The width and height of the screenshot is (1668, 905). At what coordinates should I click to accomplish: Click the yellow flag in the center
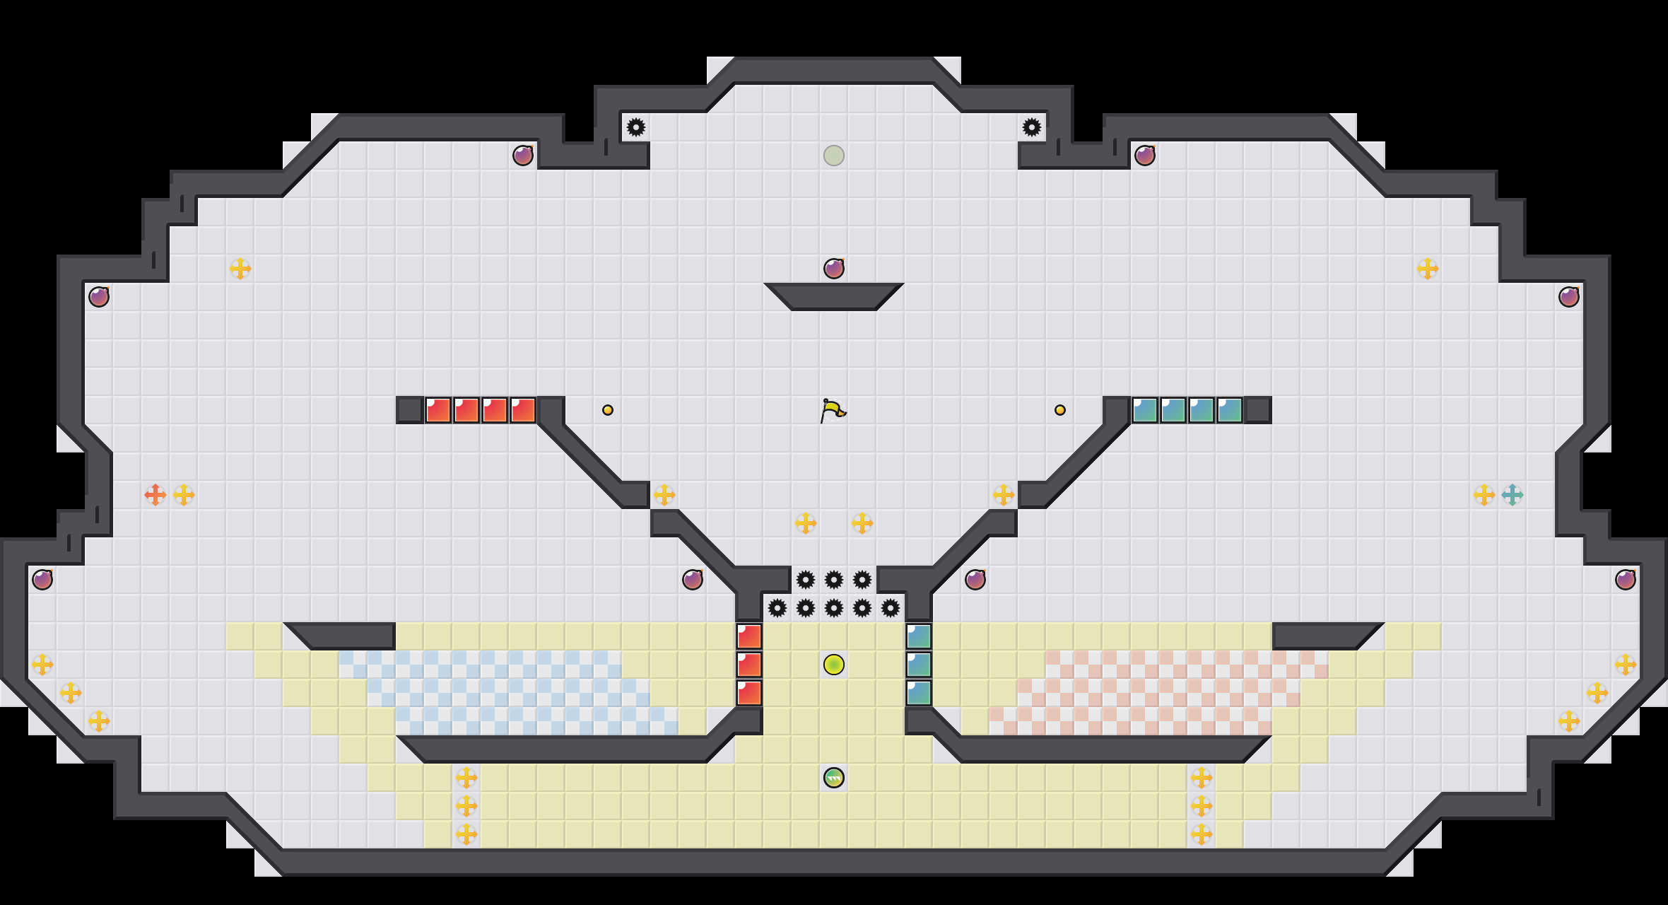(x=833, y=410)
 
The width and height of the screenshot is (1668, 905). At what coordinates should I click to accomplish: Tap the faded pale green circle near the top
(x=834, y=156)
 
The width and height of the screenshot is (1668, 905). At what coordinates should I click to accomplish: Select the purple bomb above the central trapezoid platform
(x=834, y=269)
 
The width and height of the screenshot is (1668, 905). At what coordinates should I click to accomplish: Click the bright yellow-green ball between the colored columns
(x=834, y=665)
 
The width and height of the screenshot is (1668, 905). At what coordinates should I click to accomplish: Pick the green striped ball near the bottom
(x=834, y=778)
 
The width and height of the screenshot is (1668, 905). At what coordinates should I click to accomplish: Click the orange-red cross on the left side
(x=155, y=495)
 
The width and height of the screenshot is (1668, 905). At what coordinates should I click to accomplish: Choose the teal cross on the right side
(x=1513, y=495)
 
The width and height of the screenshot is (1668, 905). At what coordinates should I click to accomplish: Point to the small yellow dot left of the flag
(x=608, y=410)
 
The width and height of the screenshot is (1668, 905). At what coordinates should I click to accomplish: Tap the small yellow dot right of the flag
(x=1060, y=410)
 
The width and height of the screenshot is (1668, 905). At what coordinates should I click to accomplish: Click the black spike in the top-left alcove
(x=636, y=127)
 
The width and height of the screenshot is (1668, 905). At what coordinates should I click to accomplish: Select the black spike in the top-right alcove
(x=1032, y=127)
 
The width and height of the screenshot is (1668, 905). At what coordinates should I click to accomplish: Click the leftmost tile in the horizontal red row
(x=438, y=410)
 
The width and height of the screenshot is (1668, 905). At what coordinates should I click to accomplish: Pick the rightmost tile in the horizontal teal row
(x=1230, y=410)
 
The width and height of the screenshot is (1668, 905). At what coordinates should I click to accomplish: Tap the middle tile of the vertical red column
(x=749, y=665)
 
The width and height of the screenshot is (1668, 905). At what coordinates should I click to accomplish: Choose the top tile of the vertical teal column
(x=919, y=636)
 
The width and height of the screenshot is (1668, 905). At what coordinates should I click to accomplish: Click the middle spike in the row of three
(x=834, y=580)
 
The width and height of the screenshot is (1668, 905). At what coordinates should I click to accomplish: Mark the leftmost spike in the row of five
(x=777, y=608)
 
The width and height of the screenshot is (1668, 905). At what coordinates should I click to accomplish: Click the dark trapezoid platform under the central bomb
(x=834, y=297)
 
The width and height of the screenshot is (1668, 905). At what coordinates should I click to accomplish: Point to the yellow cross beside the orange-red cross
(x=184, y=495)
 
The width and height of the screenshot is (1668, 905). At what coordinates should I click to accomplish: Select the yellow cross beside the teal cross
(x=1484, y=495)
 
